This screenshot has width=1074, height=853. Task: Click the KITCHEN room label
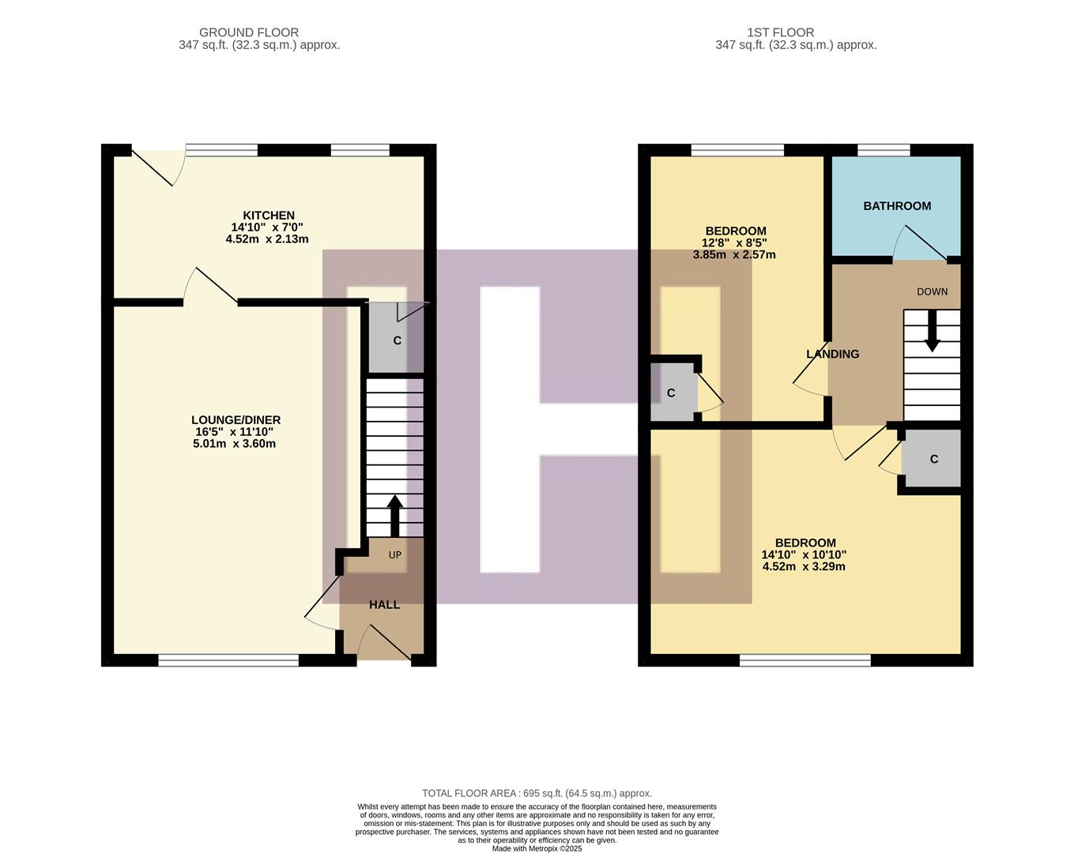pyautogui.click(x=268, y=215)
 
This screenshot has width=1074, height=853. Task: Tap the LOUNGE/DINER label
pyautogui.click(x=236, y=420)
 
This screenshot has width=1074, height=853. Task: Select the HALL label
pyautogui.click(x=384, y=604)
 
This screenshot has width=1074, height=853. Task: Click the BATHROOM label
pyautogui.click(x=896, y=206)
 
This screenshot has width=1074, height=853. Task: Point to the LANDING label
pyautogui.click(x=832, y=354)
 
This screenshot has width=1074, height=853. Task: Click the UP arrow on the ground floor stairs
pyautogui.click(x=394, y=515)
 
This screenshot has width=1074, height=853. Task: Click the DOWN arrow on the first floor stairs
pyautogui.click(x=932, y=330)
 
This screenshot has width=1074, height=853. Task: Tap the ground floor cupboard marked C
pyautogui.click(x=397, y=340)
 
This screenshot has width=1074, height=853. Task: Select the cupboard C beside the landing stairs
pyautogui.click(x=933, y=459)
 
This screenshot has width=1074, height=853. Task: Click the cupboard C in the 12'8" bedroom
pyautogui.click(x=671, y=393)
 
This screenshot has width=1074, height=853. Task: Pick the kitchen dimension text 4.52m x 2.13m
pyautogui.click(x=266, y=239)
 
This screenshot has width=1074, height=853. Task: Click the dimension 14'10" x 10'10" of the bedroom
pyautogui.click(x=804, y=554)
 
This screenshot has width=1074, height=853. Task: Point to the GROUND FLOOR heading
pyautogui.click(x=248, y=32)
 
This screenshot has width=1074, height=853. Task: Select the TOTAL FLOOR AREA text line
pyautogui.click(x=537, y=793)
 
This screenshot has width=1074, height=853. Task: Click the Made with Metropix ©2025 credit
pyautogui.click(x=537, y=849)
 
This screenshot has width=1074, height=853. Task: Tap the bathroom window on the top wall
pyautogui.click(x=883, y=150)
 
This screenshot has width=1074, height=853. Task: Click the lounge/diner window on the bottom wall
pyautogui.click(x=228, y=660)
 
